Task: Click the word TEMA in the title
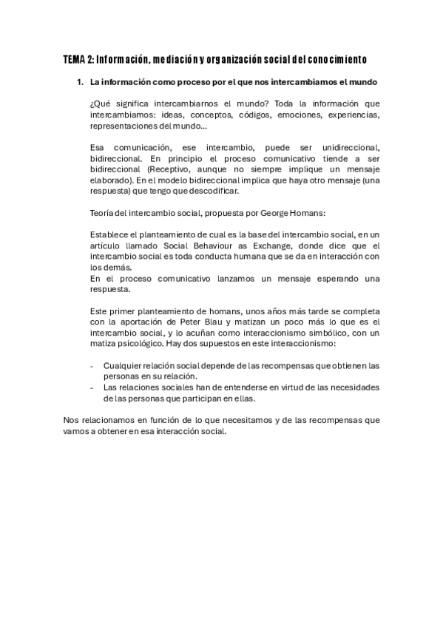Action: point(75,58)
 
